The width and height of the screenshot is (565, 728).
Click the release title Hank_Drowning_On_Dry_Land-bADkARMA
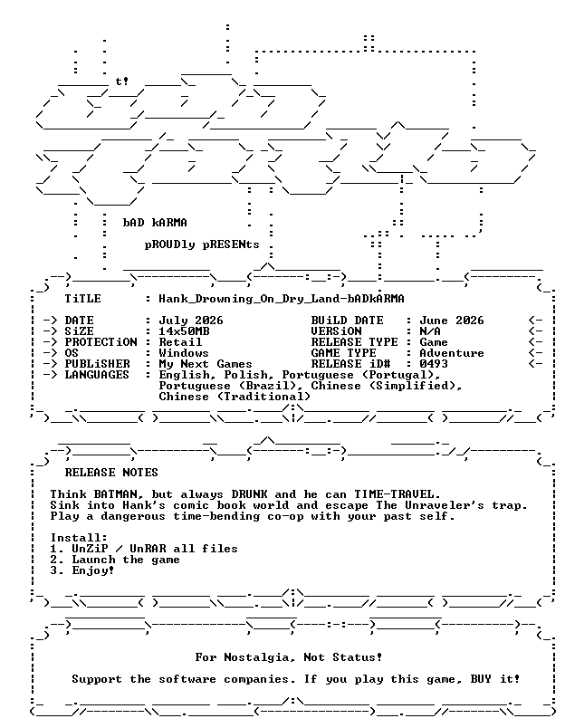(282, 299)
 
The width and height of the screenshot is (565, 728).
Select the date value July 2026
(191, 321)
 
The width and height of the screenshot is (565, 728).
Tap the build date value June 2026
(451, 321)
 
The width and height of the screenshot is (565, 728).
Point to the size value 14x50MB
(184, 331)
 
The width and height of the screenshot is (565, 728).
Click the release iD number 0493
(434, 364)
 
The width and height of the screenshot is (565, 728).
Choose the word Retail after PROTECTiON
(180, 342)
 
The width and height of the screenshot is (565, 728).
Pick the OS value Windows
(184, 353)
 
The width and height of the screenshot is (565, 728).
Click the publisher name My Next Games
(206, 364)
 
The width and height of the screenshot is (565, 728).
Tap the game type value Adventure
(451, 353)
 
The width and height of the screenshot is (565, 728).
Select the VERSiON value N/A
(430, 331)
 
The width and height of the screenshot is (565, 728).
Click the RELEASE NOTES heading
(111, 473)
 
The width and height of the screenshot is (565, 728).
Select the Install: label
(79, 538)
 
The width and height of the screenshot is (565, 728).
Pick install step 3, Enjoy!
(82, 570)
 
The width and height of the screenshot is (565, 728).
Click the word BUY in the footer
(481, 679)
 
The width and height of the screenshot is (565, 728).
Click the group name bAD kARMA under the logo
(155, 223)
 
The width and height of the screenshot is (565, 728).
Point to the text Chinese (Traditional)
(235, 397)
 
